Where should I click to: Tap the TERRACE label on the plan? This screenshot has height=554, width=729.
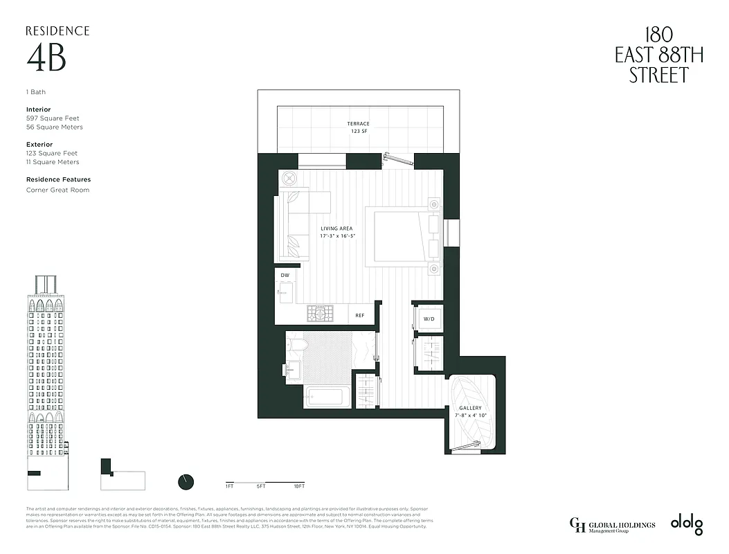pos(358,124)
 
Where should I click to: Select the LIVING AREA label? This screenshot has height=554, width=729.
pos(337,228)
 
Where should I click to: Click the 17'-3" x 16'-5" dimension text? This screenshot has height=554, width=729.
pos(337,236)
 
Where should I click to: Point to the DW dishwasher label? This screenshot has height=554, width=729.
pos(285,276)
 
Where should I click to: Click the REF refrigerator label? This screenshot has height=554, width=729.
pos(360,315)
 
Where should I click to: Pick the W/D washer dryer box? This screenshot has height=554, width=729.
pos(428,319)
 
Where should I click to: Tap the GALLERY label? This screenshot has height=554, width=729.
pos(470,408)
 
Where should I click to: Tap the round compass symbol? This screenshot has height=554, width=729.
pos(186,481)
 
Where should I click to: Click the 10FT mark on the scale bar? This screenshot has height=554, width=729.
pos(299,487)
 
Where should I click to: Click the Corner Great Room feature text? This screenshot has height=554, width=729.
pos(57,190)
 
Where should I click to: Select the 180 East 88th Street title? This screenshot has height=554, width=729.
pos(658,55)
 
